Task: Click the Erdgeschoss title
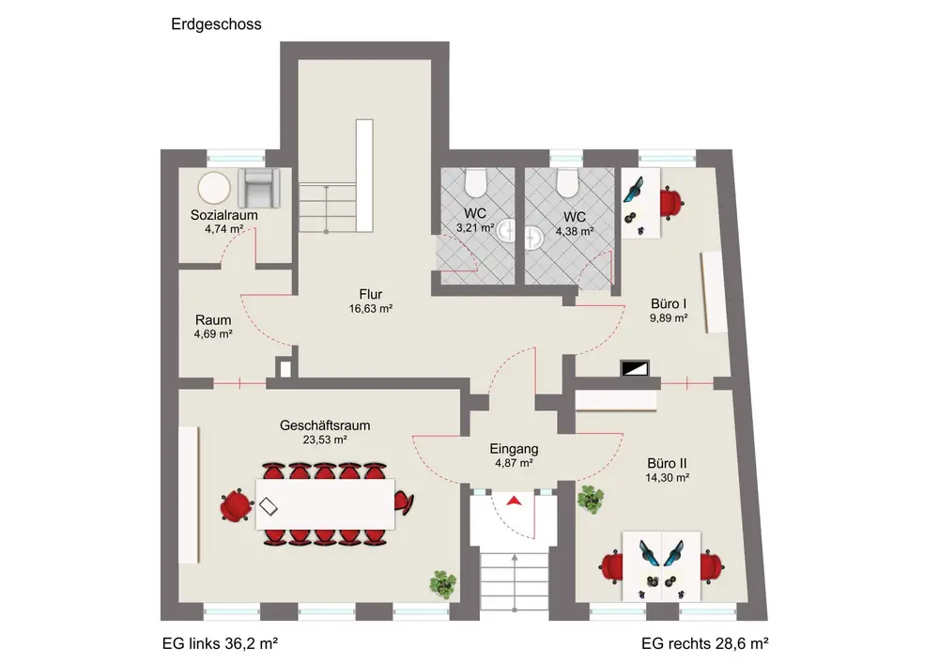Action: pos(216,24)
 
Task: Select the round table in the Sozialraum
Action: pos(215,187)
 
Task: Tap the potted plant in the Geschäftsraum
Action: pos(442,583)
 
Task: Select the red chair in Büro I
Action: pos(671,201)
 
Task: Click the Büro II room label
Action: pos(668,463)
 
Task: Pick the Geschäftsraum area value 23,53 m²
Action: pos(325,439)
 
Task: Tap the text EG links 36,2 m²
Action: pos(220,644)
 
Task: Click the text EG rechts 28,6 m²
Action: pos(704,644)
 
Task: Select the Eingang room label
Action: pos(513,449)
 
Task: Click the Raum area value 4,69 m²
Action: pos(213,333)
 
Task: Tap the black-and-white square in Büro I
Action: pos(634,369)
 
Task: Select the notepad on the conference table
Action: pos(269,506)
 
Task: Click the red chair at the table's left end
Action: pos(236,507)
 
